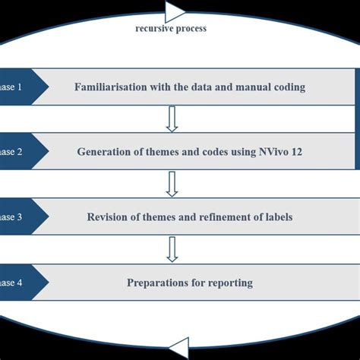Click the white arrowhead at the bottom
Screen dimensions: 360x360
point(179,349)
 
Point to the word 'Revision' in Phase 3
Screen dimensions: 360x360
point(107,217)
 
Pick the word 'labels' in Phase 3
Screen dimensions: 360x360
point(278,217)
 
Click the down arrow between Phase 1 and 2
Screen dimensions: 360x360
point(172,118)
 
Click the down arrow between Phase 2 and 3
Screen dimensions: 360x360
point(172,184)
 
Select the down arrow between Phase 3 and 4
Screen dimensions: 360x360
point(172,249)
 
